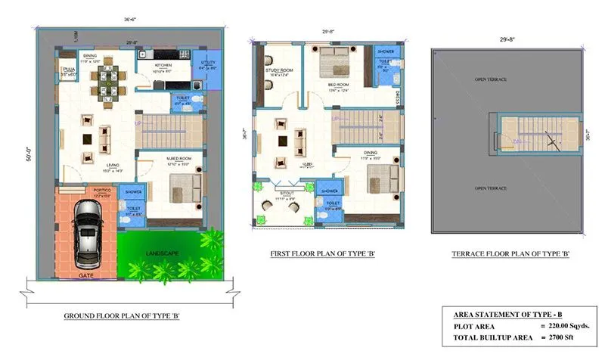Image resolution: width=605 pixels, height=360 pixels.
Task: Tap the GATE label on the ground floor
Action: [87, 276]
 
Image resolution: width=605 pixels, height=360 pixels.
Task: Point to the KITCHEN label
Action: [164, 66]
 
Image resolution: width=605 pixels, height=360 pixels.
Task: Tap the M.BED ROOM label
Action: [174, 160]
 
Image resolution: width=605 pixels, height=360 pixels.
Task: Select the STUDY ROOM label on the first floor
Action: [278, 70]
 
